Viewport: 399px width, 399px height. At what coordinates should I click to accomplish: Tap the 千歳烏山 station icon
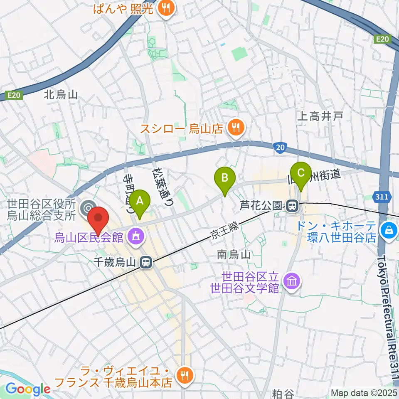[x=145, y=262]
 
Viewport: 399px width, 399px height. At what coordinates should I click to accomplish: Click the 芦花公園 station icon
[x=293, y=205]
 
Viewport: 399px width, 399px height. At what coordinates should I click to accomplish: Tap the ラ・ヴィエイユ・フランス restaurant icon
[x=183, y=376]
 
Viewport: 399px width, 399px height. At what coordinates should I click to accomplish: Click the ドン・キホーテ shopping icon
[x=389, y=229]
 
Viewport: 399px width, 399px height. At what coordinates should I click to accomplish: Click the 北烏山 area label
[x=61, y=95]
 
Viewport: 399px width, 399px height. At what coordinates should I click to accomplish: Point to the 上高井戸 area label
[x=320, y=117]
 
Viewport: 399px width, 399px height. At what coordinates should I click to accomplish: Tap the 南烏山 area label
[x=234, y=255]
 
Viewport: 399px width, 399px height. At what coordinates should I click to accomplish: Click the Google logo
[x=28, y=389]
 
